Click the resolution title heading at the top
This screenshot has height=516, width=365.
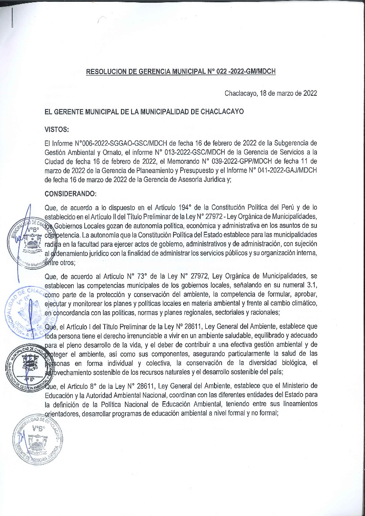pyautogui.click(x=181, y=71)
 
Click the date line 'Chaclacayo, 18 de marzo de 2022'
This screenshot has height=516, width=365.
pyautogui.click(x=270, y=93)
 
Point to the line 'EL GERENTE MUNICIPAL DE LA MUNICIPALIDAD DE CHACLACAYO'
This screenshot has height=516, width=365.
pyautogui.click(x=144, y=112)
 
